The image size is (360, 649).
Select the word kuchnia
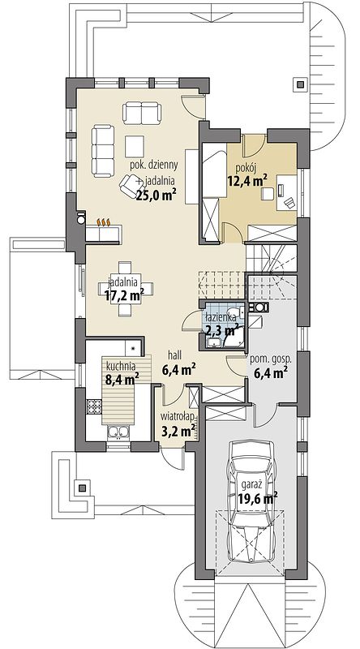[122, 366]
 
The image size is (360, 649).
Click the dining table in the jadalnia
[126, 289]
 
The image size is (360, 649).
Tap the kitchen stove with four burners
[94, 406]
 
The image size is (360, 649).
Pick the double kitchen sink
[118, 432]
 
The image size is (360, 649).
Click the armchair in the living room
[130, 186]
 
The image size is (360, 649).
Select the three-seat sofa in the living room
[103, 151]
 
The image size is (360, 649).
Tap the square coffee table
[135, 146]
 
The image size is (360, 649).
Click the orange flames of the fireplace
[104, 222]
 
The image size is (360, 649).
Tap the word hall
[175, 355]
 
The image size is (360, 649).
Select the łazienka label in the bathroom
[221, 317]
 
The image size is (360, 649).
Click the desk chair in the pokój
[289, 202]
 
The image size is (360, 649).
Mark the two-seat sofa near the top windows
[142, 113]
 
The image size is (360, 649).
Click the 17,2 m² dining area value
[124, 295]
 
